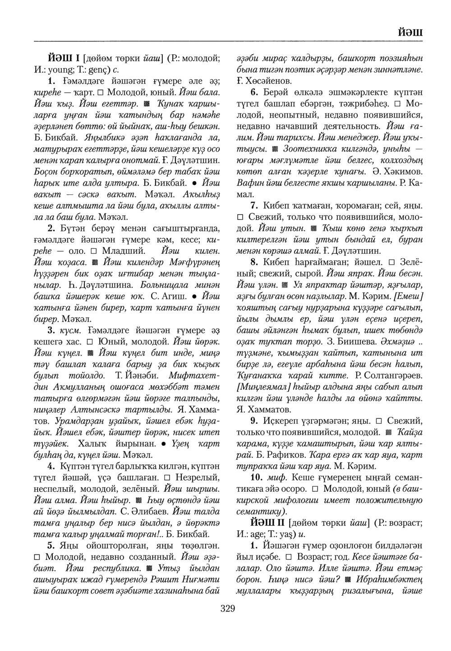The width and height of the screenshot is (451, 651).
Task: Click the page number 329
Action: click(x=228, y=610)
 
